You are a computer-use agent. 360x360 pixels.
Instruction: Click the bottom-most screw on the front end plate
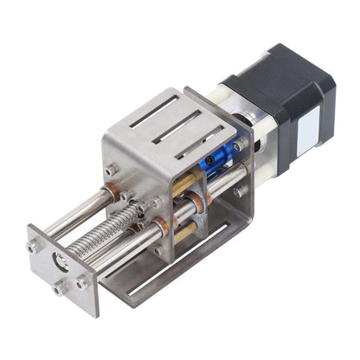click(x=60, y=289)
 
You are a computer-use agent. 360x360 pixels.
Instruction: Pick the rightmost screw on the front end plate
click(x=81, y=281)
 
